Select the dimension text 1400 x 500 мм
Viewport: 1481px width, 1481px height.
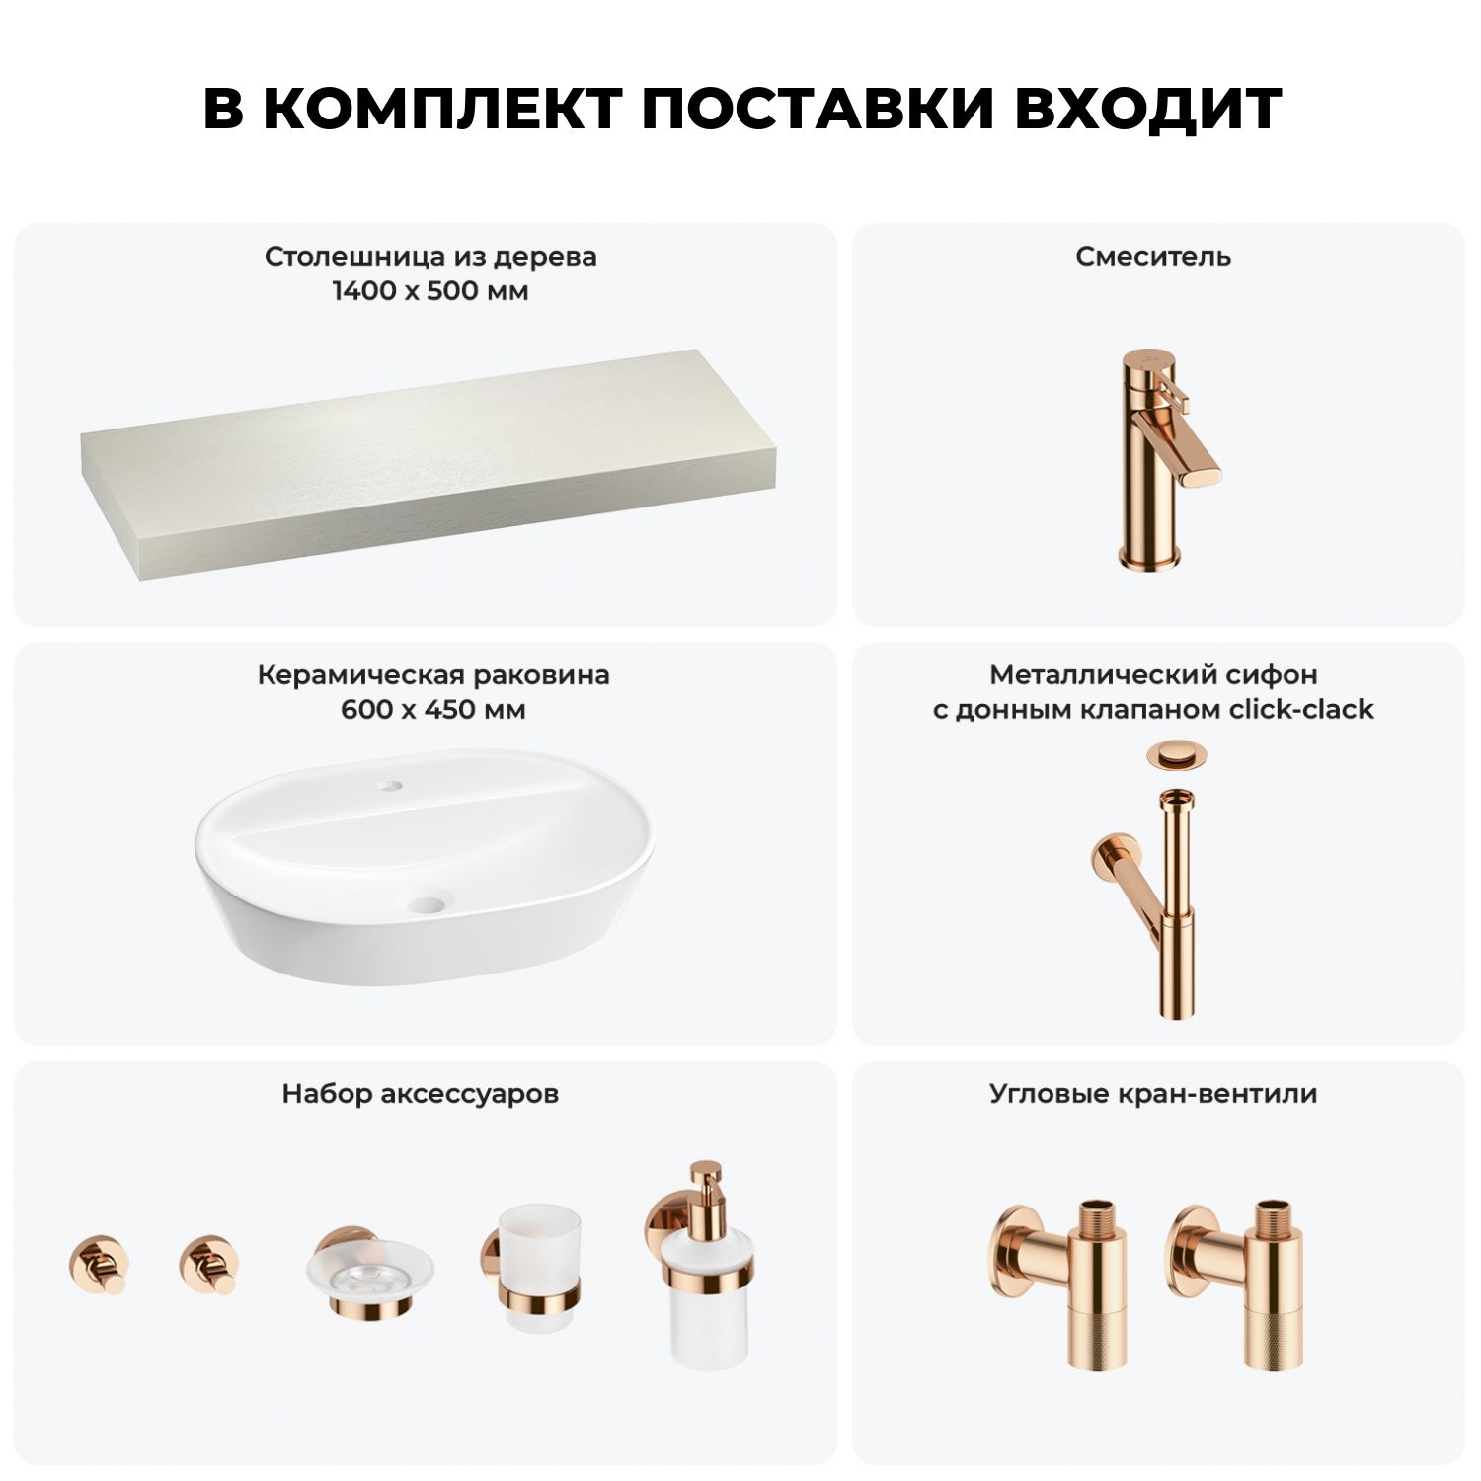pos(430,291)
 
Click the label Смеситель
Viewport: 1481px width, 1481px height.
pos(1153,257)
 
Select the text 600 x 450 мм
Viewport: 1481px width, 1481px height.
pos(432,709)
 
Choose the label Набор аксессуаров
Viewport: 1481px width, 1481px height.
pos(420,1094)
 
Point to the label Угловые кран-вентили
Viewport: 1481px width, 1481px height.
pos(1153,1094)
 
